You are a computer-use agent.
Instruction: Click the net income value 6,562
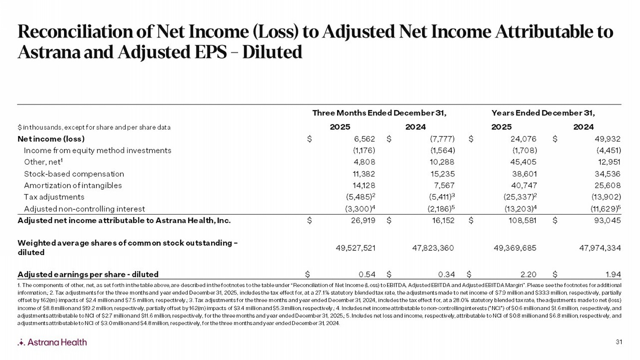point(364,139)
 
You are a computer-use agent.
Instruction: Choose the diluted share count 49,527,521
point(356,248)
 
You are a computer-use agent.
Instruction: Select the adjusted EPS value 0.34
point(446,274)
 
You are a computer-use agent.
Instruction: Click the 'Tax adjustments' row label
point(54,197)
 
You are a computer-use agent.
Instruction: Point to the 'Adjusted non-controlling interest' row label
point(84,209)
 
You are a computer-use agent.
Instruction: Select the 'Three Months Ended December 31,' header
point(379,113)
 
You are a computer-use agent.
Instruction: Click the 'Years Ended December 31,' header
point(543,113)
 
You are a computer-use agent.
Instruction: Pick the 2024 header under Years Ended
point(583,127)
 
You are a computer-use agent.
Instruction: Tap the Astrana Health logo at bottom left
point(52,342)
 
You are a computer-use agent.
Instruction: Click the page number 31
point(619,342)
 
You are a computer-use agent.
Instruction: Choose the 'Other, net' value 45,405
point(524,162)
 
